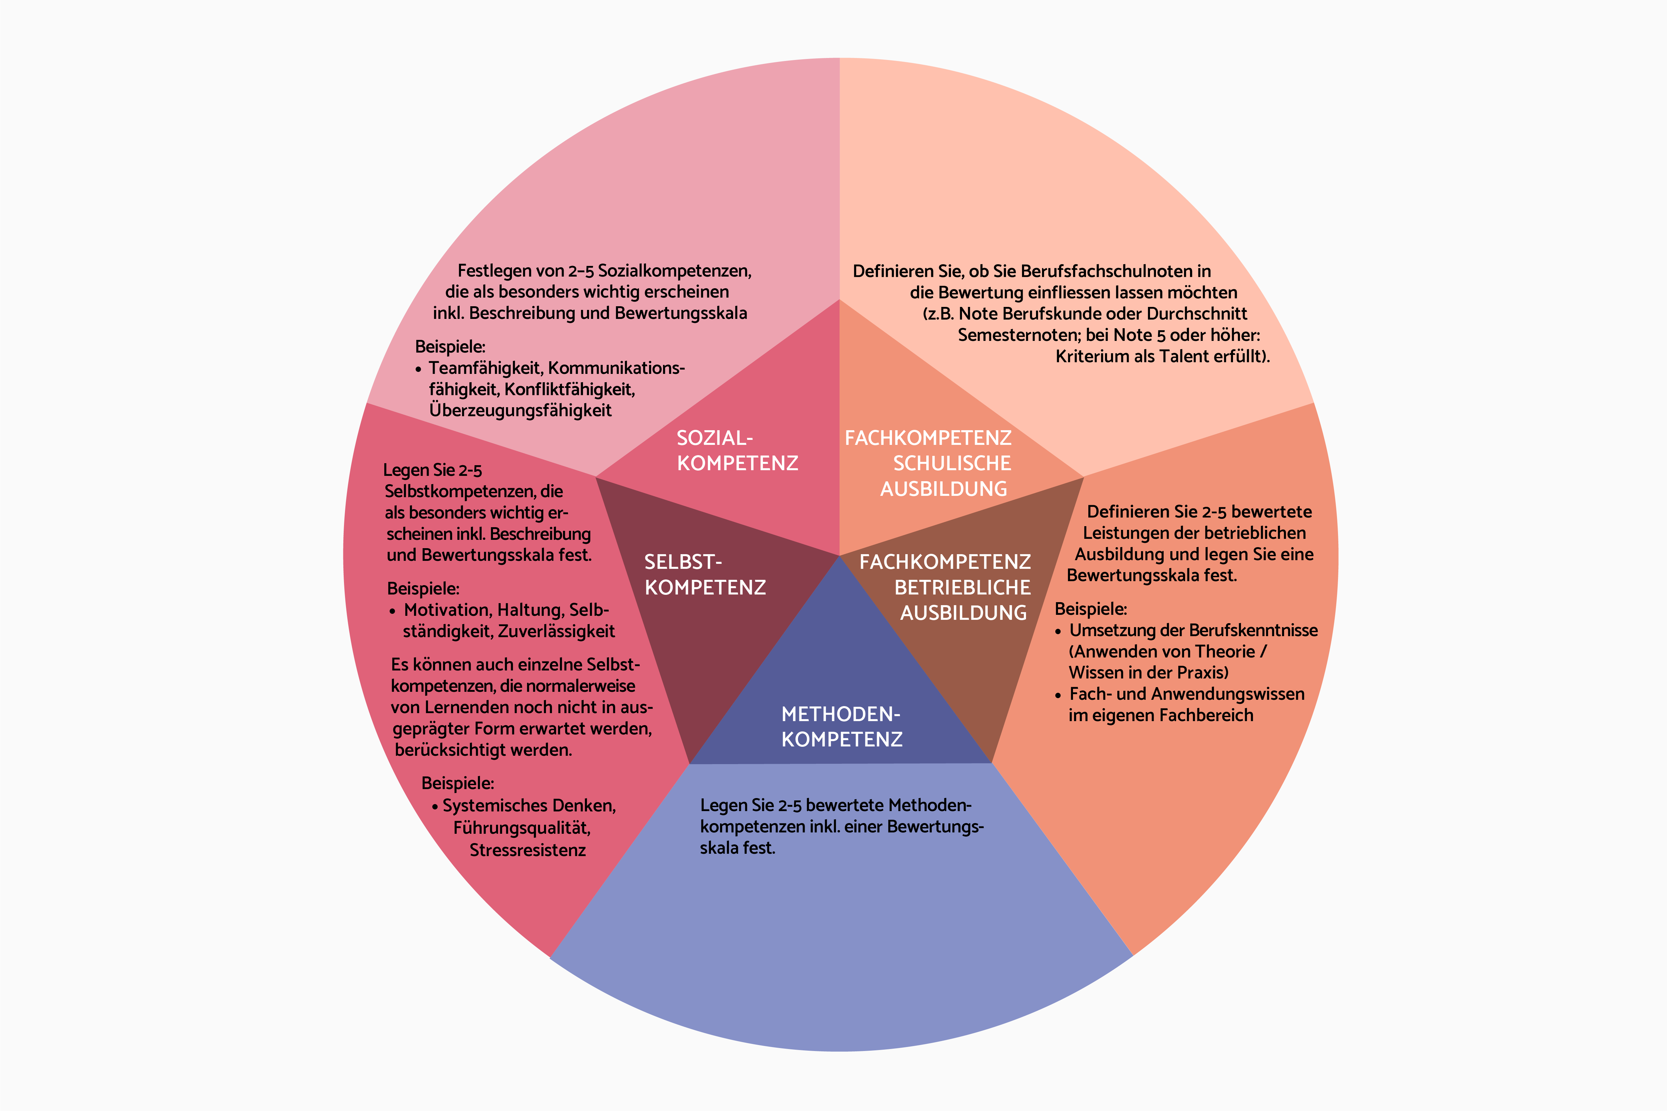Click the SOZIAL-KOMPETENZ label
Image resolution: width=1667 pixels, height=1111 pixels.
click(737, 451)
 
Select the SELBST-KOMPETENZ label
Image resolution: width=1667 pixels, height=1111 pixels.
click(705, 574)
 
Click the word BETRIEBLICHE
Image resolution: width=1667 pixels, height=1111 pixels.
click(962, 587)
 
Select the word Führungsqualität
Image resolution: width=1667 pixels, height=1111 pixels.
click(522, 827)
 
